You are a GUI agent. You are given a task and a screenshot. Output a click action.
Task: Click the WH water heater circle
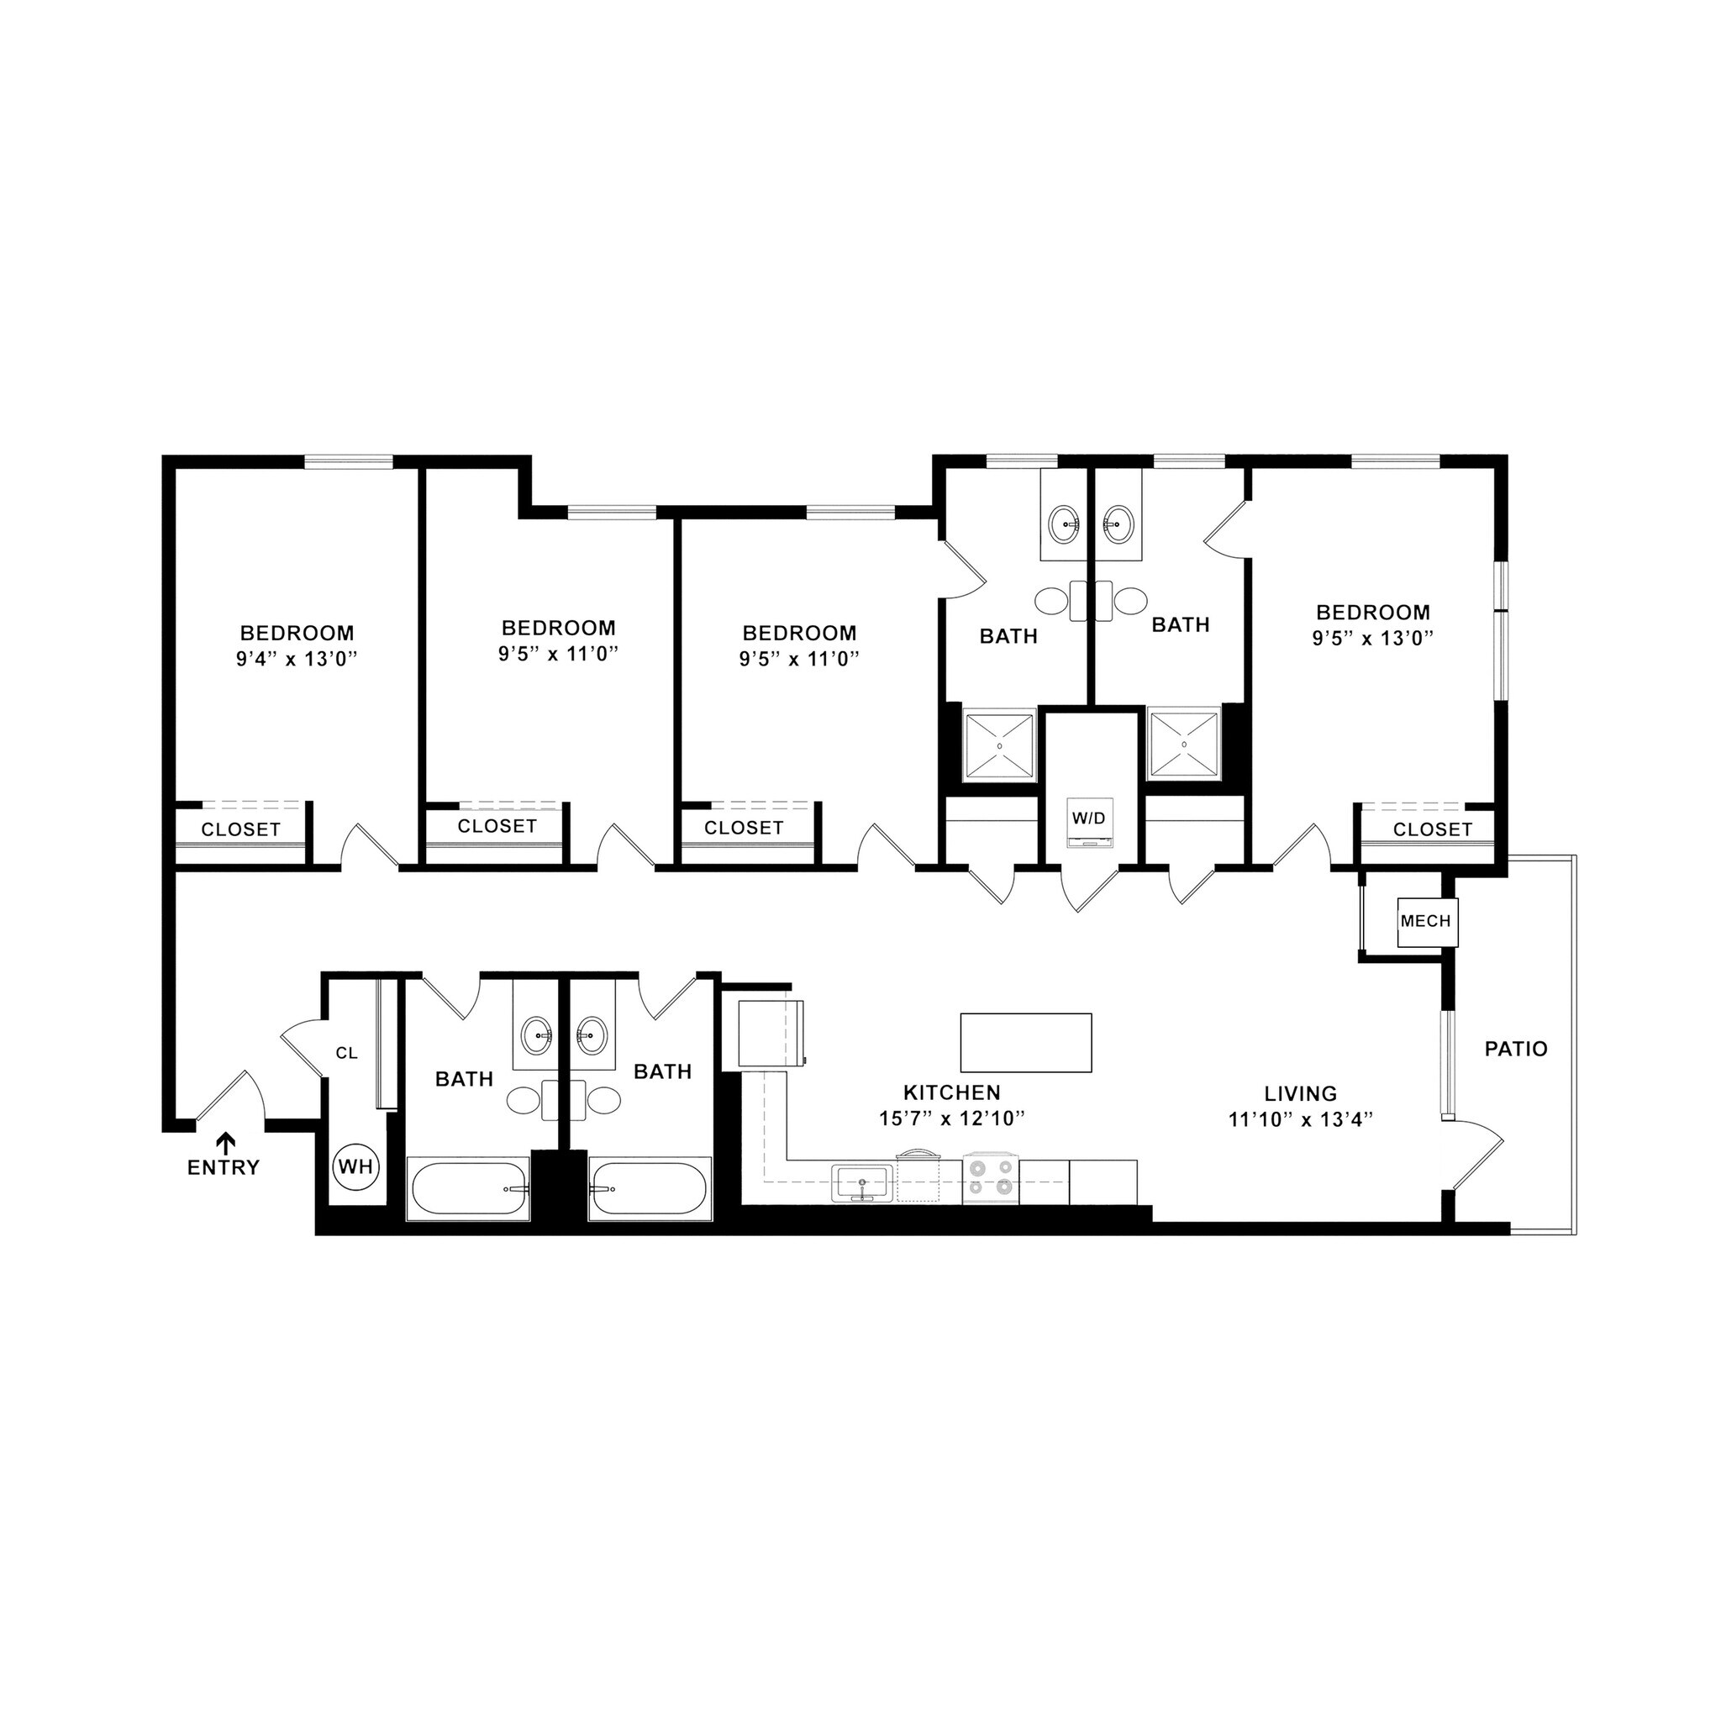click(x=356, y=1166)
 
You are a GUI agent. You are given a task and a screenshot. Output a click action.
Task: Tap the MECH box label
click(x=1425, y=921)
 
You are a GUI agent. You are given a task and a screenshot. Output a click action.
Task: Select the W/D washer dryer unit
click(x=1089, y=824)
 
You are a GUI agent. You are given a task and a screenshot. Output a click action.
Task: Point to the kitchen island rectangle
click(x=1025, y=1042)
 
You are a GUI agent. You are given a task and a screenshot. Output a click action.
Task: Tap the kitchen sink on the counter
click(x=862, y=1184)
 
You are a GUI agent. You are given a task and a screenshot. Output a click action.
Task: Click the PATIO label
click(x=1515, y=1050)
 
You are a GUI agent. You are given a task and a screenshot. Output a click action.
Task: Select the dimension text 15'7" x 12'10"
click(x=952, y=1119)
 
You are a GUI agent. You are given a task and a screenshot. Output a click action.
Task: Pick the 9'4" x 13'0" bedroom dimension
click(x=297, y=659)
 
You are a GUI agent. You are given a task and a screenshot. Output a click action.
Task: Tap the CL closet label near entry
click(x=346, y=1053)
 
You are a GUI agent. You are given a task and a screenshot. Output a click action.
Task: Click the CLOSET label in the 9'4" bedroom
click(x=240, y=829)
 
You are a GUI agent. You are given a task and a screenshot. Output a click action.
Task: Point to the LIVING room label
click(x=1301, y=1093)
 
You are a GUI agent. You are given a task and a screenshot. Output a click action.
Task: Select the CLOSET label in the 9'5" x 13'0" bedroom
click(x=1433, y=829)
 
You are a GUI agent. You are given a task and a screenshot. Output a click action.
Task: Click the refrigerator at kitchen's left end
click(x=771, y=1034)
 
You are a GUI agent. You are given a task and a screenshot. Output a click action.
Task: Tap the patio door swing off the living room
click(x=1479, y=1149)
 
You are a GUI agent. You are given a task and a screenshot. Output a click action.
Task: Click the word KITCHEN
click(x=952, y=1092)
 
